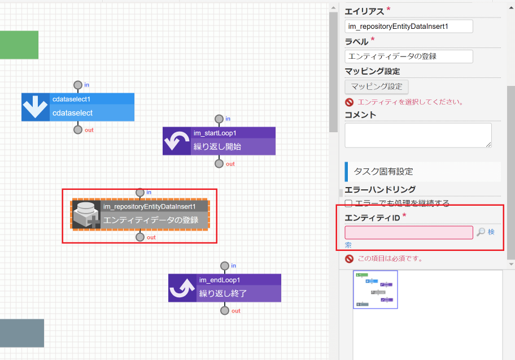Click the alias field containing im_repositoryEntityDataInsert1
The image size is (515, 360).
coord(408,26)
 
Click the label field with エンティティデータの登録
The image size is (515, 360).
coord(408,57)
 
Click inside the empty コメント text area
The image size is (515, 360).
coord(418,136)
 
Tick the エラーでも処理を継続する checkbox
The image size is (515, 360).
coord(349,203)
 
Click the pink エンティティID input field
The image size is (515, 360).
coord(408,232)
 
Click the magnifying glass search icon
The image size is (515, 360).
coord(481,232)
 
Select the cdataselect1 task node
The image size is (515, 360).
coord(78,107)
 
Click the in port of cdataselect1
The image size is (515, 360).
coord(78,85)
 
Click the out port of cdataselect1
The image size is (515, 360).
coord(78,129)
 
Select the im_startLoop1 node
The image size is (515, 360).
coord(219,141)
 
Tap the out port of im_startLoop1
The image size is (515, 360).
coord(219,163)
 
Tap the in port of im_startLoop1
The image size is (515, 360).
coord(219,119)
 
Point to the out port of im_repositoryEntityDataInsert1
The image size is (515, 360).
coord(140,237)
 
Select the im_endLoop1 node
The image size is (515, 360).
coord(225,288)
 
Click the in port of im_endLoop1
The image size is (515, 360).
coord(225,266)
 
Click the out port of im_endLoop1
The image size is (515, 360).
coord(225,310)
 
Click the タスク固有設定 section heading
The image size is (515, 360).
coord(383,171)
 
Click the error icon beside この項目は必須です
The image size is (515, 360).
coord(350,259)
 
